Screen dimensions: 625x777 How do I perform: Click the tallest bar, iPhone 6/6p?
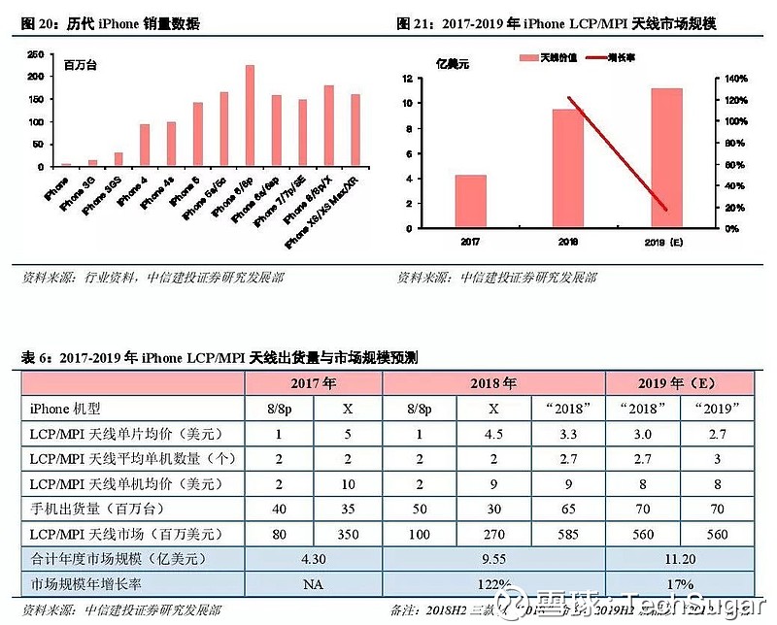coord(250,116)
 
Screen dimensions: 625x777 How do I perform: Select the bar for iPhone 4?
coord(145,146)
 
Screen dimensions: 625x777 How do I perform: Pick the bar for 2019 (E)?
coord(666,158)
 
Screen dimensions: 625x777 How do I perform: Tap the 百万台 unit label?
coord(84,67)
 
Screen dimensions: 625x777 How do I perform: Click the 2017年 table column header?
coord(313,383)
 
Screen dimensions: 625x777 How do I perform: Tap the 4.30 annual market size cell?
coord(313,559)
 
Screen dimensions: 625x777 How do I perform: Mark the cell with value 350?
coord(348,534)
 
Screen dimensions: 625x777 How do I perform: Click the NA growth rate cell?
coord(313,584)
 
